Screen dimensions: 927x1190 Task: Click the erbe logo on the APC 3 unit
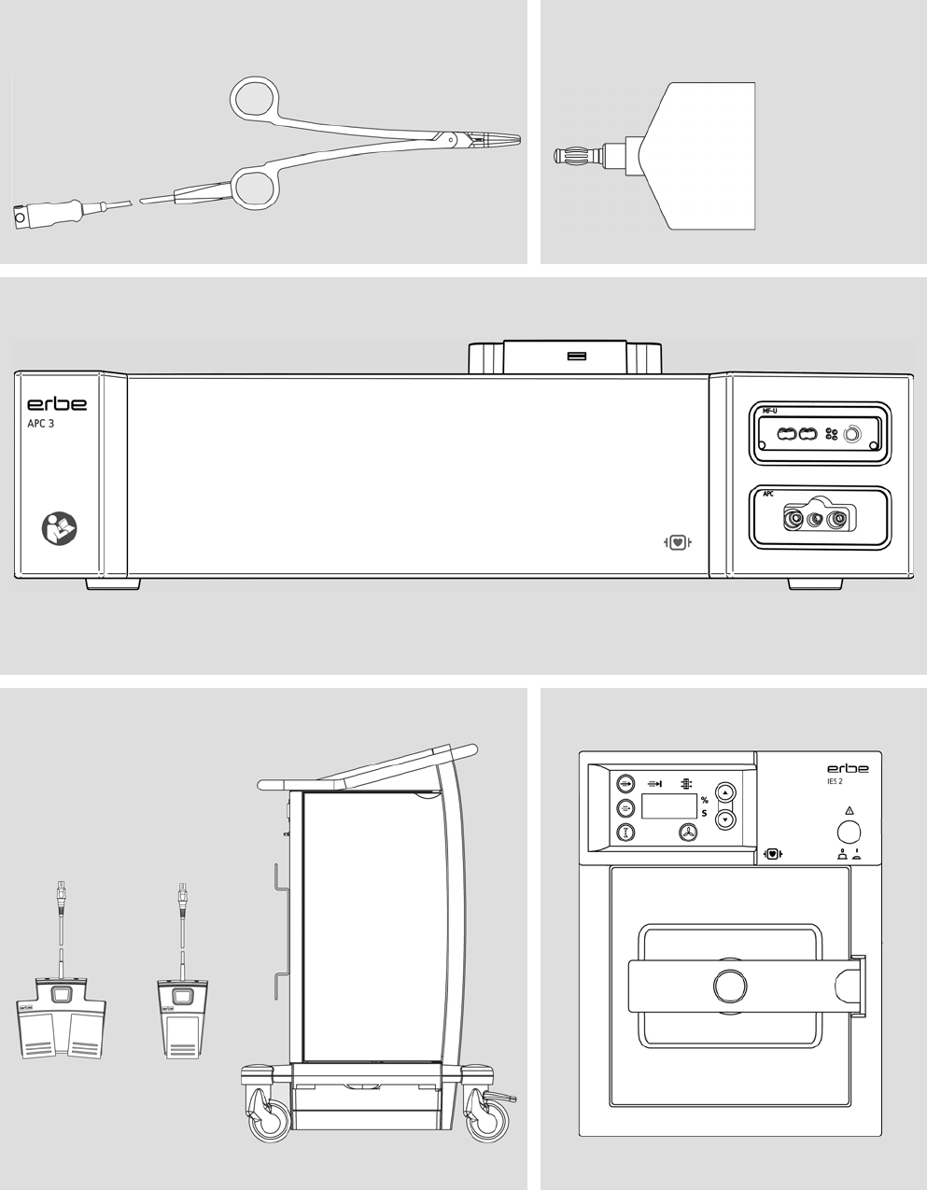(56, 404)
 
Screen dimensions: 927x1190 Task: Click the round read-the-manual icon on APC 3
(59, 528)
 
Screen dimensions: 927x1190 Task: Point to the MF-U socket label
(769, 411)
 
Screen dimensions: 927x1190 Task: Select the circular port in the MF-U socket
(853, 434)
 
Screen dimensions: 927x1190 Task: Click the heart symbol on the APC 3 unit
(678, 542)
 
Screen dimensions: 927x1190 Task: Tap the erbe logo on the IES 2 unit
(848, 768)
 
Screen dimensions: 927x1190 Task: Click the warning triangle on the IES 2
(849, 810)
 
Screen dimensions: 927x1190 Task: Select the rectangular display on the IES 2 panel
(669, 806)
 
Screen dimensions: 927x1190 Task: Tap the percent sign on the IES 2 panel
(704, 800)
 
